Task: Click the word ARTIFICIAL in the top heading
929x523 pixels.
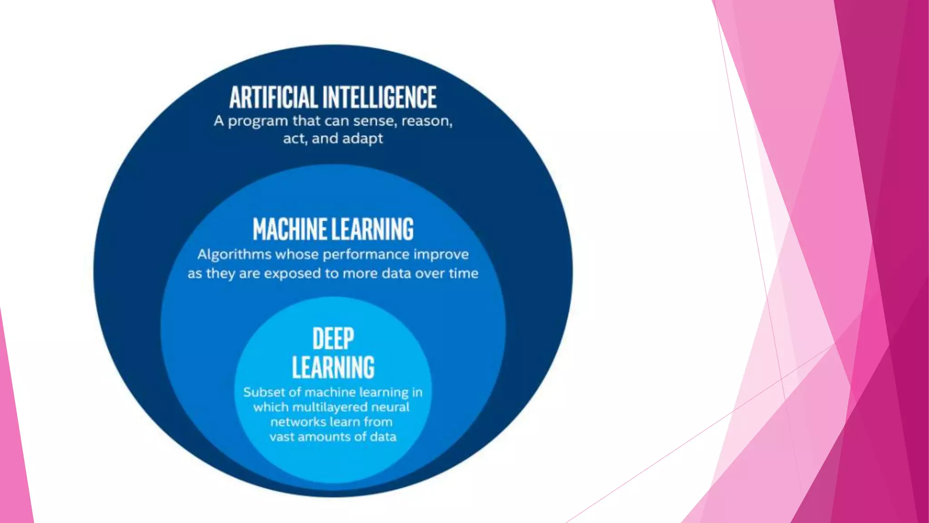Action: pyautogui.click(x=273, y=97)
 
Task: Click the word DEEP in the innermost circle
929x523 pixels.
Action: pyautogui.click(x=333, y=339)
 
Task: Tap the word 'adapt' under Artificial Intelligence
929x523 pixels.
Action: pyautogui.click(x=362, y=138)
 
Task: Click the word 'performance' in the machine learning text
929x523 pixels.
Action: pyautogui.click(x=366, y=255)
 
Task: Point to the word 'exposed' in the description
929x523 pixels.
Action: pyautogui.click(x=293, y=274)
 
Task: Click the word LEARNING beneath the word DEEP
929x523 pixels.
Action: pyautogui.click(x=333, y=367)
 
